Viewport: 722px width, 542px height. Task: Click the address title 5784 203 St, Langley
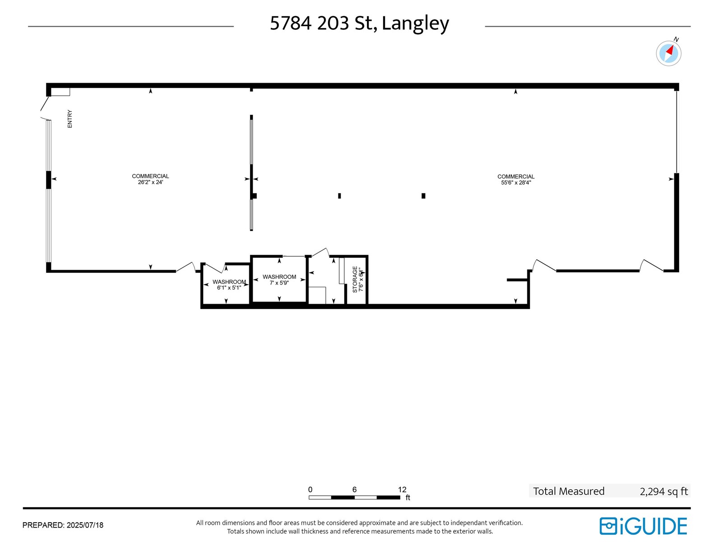[359, 23]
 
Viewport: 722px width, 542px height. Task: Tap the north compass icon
[668, 53]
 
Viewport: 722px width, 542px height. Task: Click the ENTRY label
[70, 119]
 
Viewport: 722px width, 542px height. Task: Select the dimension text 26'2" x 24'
[150, 182]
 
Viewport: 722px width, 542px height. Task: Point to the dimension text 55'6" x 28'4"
[516, 183]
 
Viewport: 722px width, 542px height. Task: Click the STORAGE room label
[355, 279]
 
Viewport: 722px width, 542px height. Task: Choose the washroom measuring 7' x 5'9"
[279, 280]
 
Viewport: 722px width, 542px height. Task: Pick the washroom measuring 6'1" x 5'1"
[229, 285]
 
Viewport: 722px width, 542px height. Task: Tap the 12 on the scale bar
[402, 490]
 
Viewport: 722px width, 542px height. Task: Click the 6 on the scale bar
[355, 490]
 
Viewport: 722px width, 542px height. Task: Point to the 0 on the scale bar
[310, 490]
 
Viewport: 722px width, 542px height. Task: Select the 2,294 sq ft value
[663, 491]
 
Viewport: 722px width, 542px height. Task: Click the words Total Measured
[569, 491]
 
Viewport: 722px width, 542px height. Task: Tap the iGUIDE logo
[643, 526]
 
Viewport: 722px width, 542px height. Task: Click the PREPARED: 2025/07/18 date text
[63, 525]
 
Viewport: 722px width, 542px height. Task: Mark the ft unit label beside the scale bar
[408, 498]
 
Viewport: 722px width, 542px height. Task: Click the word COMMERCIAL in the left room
[150, 176]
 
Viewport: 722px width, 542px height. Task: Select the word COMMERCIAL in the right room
[516, 177]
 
